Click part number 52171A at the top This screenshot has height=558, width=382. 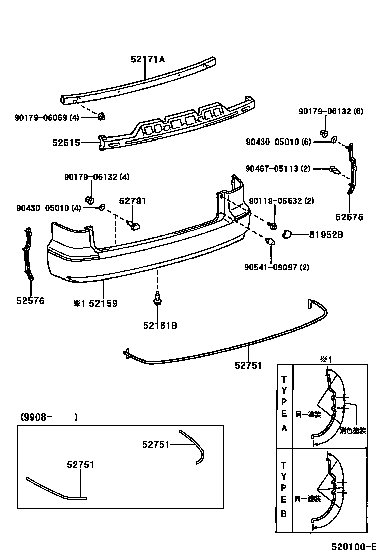tap(148, 59)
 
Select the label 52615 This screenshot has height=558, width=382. tap(66, 143)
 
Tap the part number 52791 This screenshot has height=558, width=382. tap(132, 201)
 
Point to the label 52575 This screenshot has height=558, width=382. tap(349, 217)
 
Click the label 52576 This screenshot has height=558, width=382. tap(30, 301)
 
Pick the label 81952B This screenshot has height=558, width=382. tap(326, 234)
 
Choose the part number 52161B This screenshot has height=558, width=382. tap(159, 325)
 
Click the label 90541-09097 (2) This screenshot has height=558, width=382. tap(276, 267)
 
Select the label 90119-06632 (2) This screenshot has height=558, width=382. tap(281, 201)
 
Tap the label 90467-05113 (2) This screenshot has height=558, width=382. tap(277, 169)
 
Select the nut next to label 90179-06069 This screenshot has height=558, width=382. tap(100, 117)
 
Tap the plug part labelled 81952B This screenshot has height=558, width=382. tap(288, 233)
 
